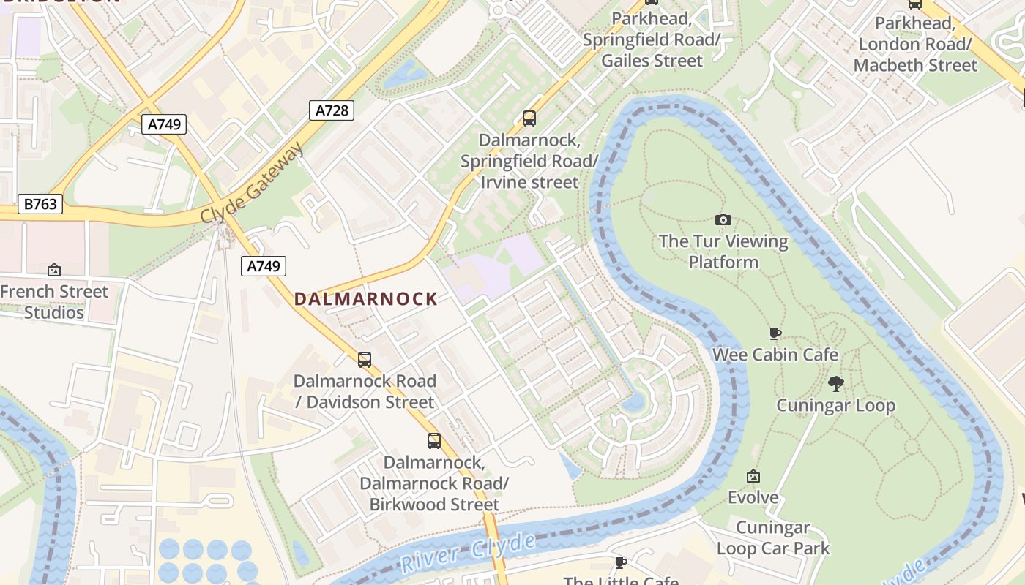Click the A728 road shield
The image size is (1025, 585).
click(x=331, y=110)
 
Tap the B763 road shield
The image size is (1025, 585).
click(x=40, y=204)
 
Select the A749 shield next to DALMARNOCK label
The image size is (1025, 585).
click(x=263, y=266)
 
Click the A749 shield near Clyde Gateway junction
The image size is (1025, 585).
click(x=164, y=124)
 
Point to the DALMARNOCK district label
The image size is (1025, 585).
click(x=365, y=299)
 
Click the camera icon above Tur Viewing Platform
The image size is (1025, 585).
click(x=723, y=219)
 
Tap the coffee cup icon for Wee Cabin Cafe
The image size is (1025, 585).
click(x=775, y=334)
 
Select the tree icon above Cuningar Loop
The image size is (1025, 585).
click(x=835, y=383)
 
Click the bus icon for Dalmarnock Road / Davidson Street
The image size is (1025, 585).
click(x=364, y=359)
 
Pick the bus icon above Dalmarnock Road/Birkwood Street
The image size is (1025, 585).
click(x=434, y=441)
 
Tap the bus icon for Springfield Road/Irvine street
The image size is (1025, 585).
click(x=529, y=118)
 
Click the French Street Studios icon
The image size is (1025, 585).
click(x=53, y=270)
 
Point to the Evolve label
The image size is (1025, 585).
click(x=753, y=497)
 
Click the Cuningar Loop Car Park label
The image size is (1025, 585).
click(x=773, y=537)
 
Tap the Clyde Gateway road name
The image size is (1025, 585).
click(x=253, y=184)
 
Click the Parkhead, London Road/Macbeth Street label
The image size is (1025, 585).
click(x=914, y=44)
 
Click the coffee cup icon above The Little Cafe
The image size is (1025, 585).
click(x=621, y=562)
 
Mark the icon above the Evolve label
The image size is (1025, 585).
click(x=753, y=477)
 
